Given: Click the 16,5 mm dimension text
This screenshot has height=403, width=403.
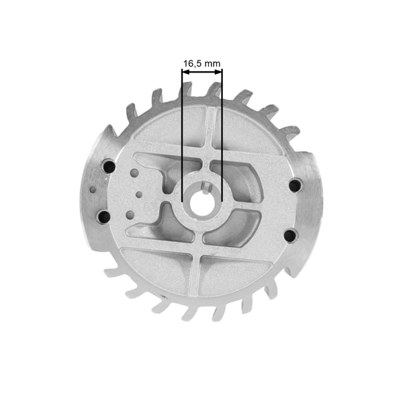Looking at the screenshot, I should tap(201, 64).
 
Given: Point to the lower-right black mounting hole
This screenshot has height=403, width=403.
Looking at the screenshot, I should tap(289, 234).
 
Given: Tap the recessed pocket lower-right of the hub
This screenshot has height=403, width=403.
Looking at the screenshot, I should tap(235, 228).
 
